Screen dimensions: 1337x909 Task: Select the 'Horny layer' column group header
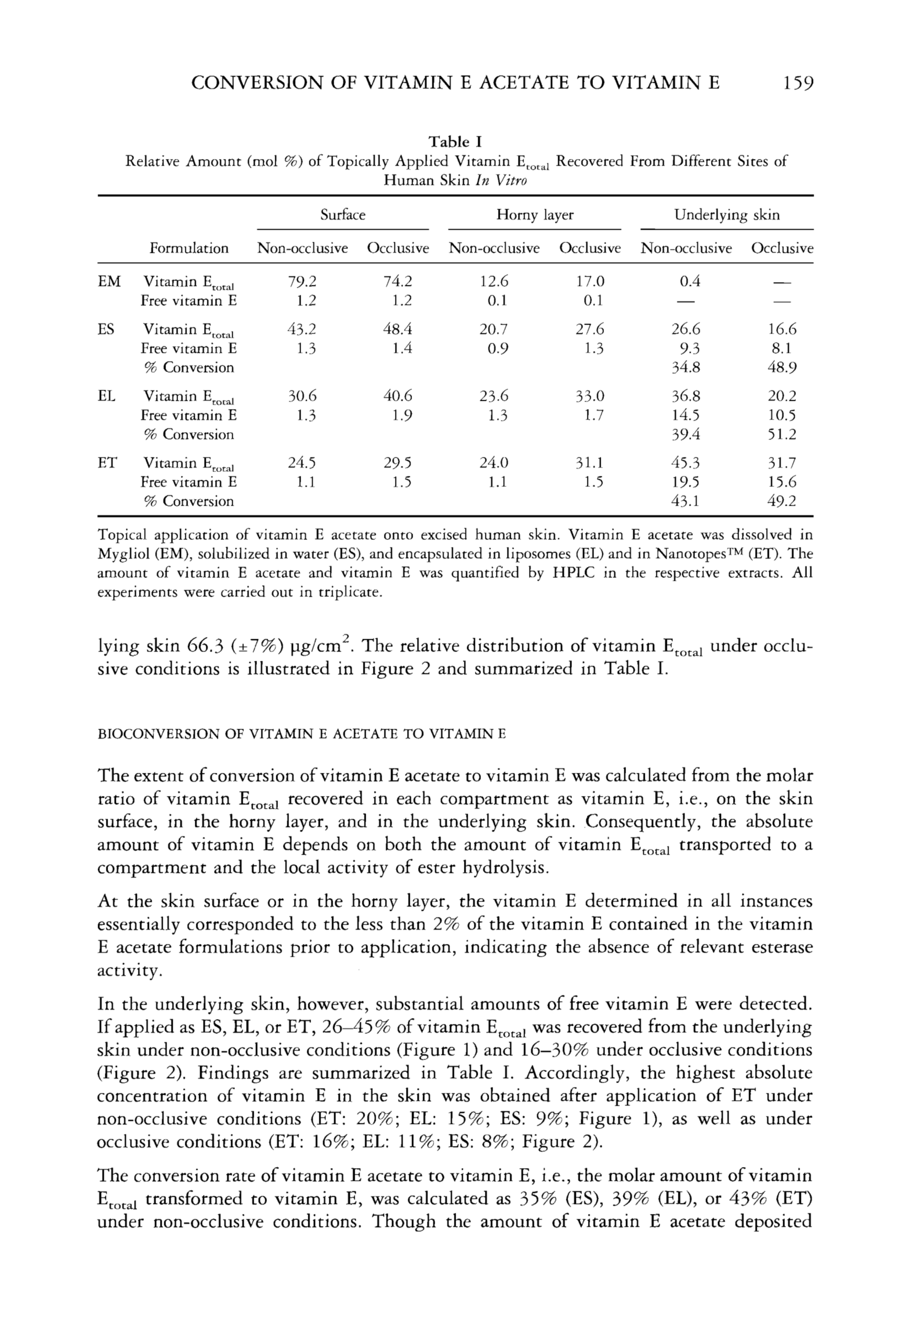(x=534, y=215)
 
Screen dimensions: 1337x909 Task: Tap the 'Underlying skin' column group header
(x=727, y=215)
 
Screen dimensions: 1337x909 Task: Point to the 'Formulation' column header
(x=189, y=248)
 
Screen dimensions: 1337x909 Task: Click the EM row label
(x=109, y=282)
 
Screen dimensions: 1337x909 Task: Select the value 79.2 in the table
(x=302, y=282)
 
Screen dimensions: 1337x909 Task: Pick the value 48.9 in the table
(x=782, y=368)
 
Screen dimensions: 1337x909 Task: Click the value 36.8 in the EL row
(x=686, y=396)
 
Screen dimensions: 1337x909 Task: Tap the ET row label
(x=108, y=463)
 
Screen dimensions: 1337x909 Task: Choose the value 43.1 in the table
(x=686, y=501)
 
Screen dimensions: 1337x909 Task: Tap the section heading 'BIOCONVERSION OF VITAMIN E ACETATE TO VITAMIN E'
(x=301, y=734)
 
